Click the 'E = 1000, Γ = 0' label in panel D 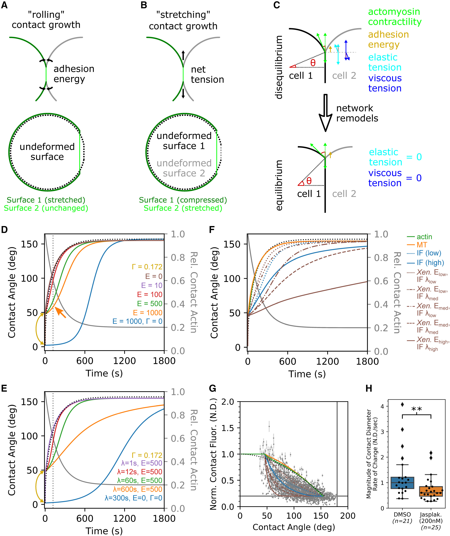[x=137, y=321]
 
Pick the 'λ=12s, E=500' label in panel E [x=140, y=472]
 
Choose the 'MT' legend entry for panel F [x=422, y=245]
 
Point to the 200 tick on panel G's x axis [x=348, y=516]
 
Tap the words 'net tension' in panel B [x=207, y=74]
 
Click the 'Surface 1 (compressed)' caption [x=183, y=200]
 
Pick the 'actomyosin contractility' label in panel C [x=395, y=17]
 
